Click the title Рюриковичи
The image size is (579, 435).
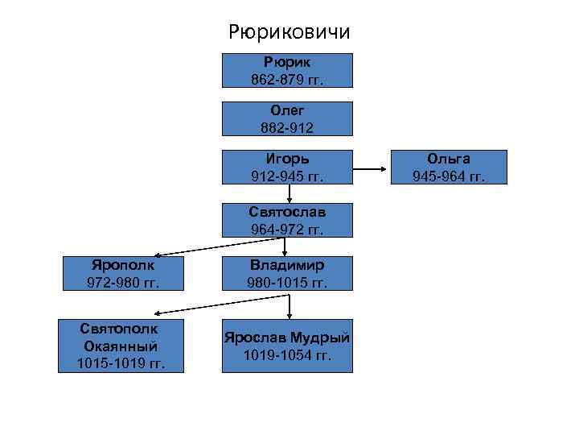click(289, 32)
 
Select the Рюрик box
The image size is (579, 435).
click(287, 70)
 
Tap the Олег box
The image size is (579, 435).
click(287, 118)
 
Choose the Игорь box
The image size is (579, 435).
click(287, 167)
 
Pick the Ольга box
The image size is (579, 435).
click(449, 167)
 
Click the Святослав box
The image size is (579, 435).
click(287, 219)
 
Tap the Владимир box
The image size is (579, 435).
click(287, 274)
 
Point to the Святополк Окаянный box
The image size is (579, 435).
click(121, 346)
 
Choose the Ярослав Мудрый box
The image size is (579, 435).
click(287, 346)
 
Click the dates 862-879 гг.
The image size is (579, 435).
click(287, 79)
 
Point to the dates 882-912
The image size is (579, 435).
click(287, 127)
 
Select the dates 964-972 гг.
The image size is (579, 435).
click(287, 229)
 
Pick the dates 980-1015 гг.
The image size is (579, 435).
click(287, 283)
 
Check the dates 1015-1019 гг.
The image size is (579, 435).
click(121, 363)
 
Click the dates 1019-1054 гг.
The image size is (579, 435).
click(287, 355)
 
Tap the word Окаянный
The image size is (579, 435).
click(121, 346)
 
